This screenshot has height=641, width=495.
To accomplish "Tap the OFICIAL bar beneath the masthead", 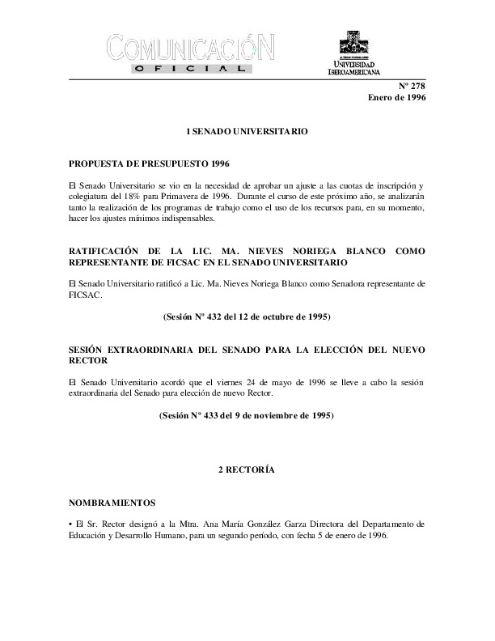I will coord(190,70).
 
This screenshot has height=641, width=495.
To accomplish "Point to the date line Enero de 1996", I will coord(396,98).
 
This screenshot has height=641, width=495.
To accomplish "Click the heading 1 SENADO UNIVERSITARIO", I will coord(247,130).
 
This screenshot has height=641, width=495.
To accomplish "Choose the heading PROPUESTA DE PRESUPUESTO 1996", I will coord(144,163).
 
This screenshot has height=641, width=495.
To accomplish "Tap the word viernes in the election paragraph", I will coord(233,381).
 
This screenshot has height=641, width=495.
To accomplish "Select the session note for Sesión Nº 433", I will coord(247,416).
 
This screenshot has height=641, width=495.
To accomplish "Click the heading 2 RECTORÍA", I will coord(247,470).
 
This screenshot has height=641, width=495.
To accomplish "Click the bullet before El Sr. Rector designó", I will coord(72,524).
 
